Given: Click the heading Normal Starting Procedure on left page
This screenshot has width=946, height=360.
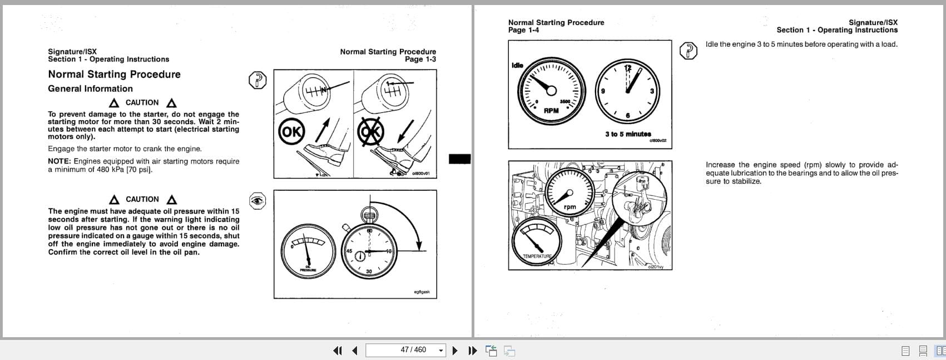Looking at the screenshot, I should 114,75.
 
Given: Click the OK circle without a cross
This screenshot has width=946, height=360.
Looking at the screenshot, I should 291,132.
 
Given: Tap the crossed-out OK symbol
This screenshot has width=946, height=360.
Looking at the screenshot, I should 371,132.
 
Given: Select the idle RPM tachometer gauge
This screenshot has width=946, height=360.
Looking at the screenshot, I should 551,91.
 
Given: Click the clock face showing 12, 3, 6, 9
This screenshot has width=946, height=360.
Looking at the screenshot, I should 627,90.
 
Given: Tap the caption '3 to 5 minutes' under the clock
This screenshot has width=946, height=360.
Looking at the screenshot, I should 628,134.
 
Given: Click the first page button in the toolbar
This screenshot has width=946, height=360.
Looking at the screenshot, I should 337,351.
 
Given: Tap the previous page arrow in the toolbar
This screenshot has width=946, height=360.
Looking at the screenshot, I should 355,351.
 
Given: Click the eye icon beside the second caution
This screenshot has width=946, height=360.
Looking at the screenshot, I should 257,201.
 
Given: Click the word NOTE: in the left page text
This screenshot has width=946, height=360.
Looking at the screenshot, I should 60,161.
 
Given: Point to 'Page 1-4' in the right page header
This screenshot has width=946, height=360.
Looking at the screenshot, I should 523,30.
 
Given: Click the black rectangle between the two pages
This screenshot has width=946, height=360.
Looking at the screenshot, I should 459,159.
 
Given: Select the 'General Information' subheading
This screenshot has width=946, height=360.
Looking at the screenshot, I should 90,89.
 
